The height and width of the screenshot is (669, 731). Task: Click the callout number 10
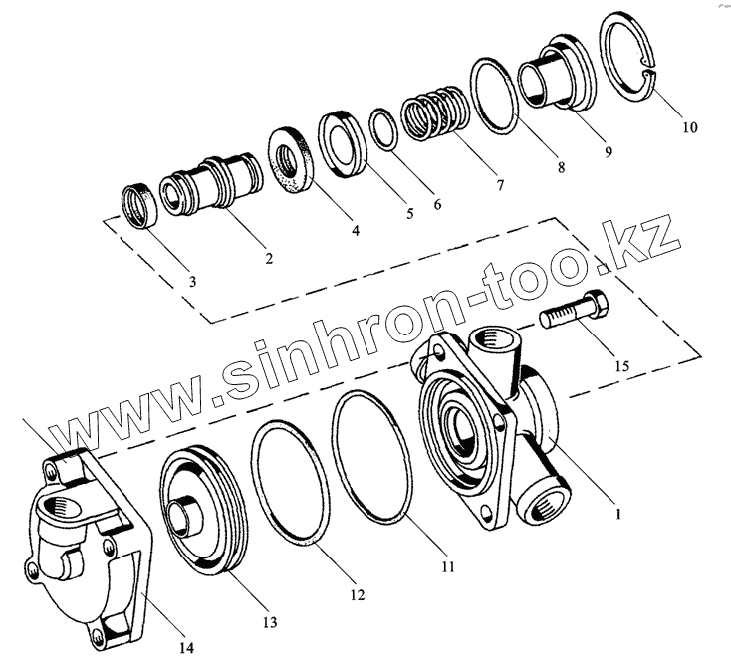click(x=689, y=128)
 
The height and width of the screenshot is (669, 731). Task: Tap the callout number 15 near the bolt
click(x=620, y=367)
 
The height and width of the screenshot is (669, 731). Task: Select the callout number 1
click(x=618, y=515)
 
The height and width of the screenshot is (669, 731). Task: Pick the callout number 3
click(x=192, y=282)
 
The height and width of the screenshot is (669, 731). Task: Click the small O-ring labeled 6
click(x=383, y=130)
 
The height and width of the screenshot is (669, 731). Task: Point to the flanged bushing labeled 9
click(x=554, y=76)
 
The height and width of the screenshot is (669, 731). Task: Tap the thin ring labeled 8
click(x=494, y=96)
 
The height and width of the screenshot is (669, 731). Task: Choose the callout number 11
click(x=447, y=567)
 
